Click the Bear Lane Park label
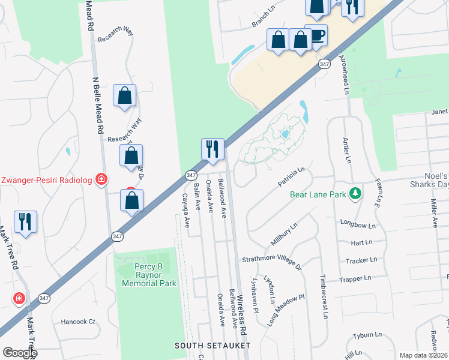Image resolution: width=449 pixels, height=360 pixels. pos(318,194)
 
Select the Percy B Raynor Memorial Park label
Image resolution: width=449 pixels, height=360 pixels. pos(149,274)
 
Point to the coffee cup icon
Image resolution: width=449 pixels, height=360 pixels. pos(316,35)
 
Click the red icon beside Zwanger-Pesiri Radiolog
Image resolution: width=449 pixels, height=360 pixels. pos(102,179)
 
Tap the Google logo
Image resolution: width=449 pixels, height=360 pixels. pos(20,353)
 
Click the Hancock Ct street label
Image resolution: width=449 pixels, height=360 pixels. pos(78,322)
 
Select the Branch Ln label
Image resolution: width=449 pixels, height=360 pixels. pos(262,20)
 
